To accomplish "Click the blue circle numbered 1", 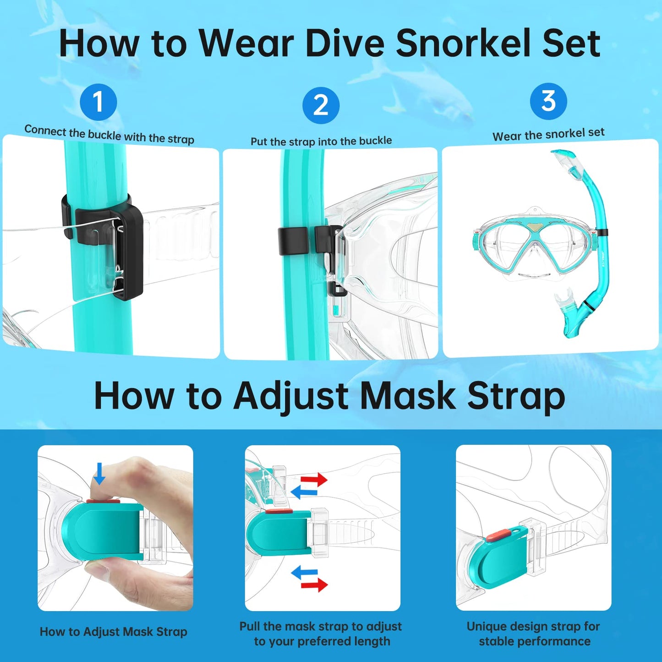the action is tap(98, 102).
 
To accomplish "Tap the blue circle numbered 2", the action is tap(321, 105).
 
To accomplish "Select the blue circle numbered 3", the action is tap(548, 101).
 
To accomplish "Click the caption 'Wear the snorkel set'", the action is tap(548, 134).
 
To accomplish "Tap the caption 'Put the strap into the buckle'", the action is tap(321, 141).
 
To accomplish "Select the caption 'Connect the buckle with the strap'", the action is tap(109, 134).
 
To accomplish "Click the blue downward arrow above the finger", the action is tap(99, 473).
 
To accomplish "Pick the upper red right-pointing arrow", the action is tap(314, 480).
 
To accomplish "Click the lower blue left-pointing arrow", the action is tap(304, 572).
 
